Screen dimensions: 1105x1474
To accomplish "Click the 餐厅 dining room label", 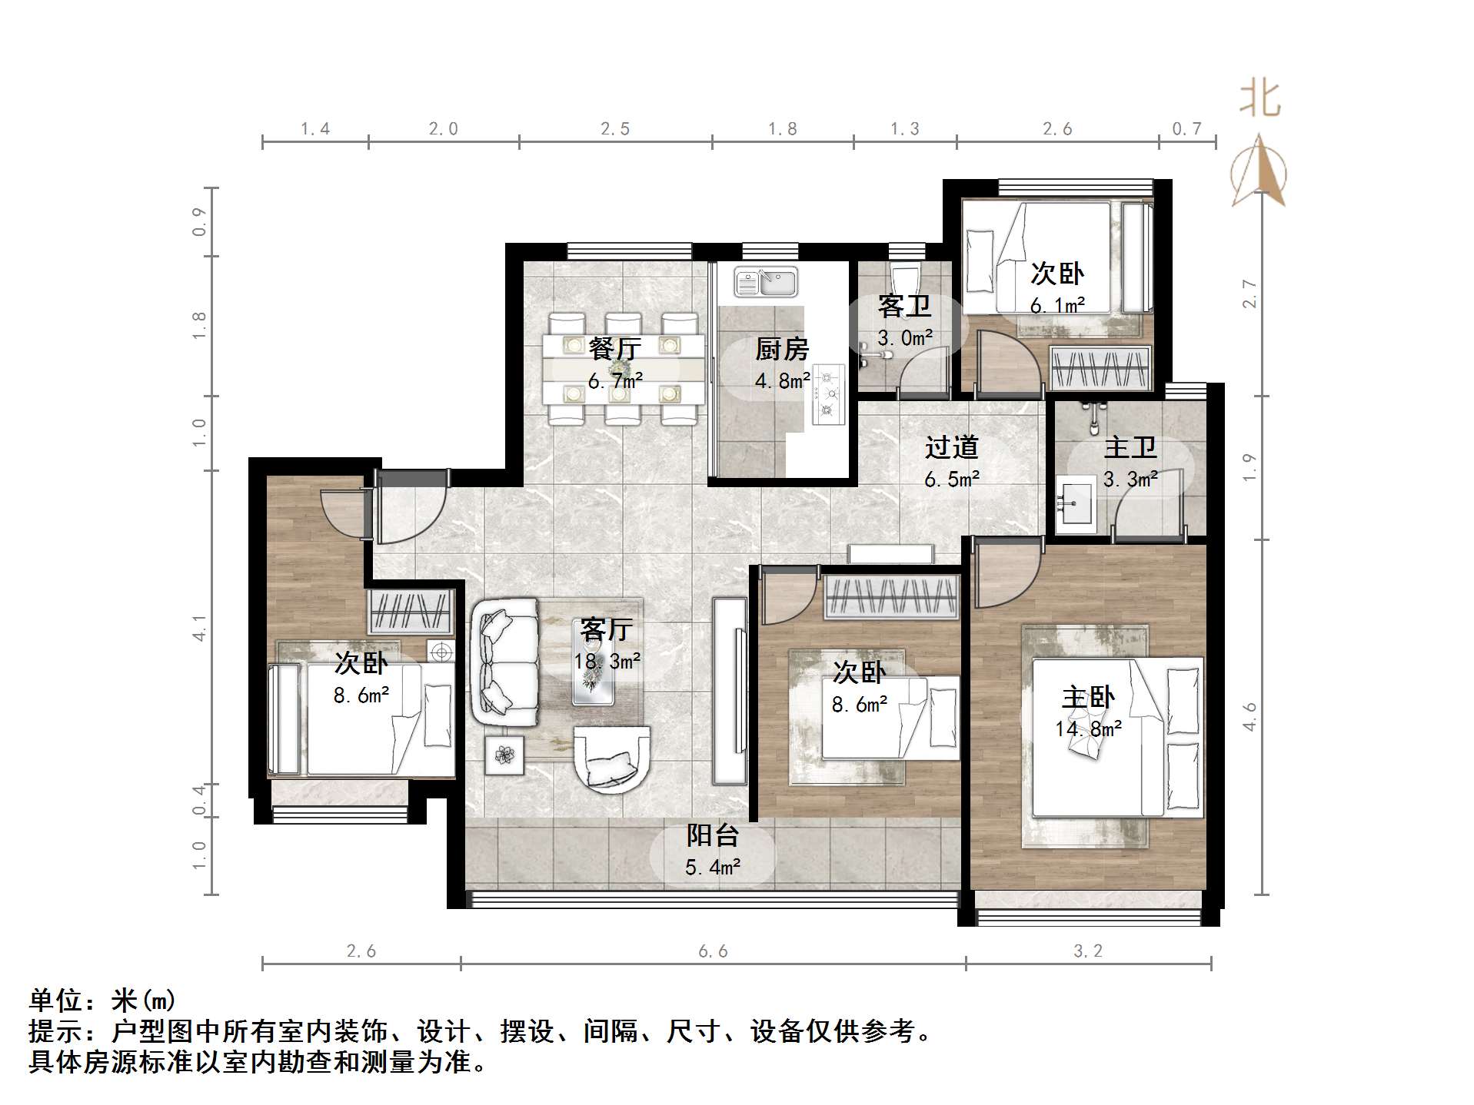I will point(614,349).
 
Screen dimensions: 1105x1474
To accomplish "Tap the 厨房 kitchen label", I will point(781,350).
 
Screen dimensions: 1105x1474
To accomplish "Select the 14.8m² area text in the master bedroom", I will point(1088,728).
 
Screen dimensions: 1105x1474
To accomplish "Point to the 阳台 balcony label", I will point(713,835).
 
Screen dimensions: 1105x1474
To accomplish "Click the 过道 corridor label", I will point(951,447).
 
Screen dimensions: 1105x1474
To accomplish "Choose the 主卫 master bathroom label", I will point(1130,447).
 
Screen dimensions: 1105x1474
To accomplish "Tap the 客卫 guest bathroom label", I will point(904,307).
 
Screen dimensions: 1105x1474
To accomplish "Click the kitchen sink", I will point(766,282).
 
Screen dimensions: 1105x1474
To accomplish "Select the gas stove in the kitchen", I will point(828,394).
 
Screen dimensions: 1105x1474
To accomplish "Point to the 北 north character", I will point(1259,99).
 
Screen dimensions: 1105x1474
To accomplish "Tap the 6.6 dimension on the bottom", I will point(713,951).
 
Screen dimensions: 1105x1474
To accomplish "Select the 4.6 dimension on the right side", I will point(1249,716).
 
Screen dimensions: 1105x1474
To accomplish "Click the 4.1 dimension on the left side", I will point(199,628).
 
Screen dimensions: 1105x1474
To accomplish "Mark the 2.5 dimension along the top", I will point(615,129).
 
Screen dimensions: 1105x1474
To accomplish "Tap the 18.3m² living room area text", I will point(607,662).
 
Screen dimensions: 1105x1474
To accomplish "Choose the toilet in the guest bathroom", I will point(904,278).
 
